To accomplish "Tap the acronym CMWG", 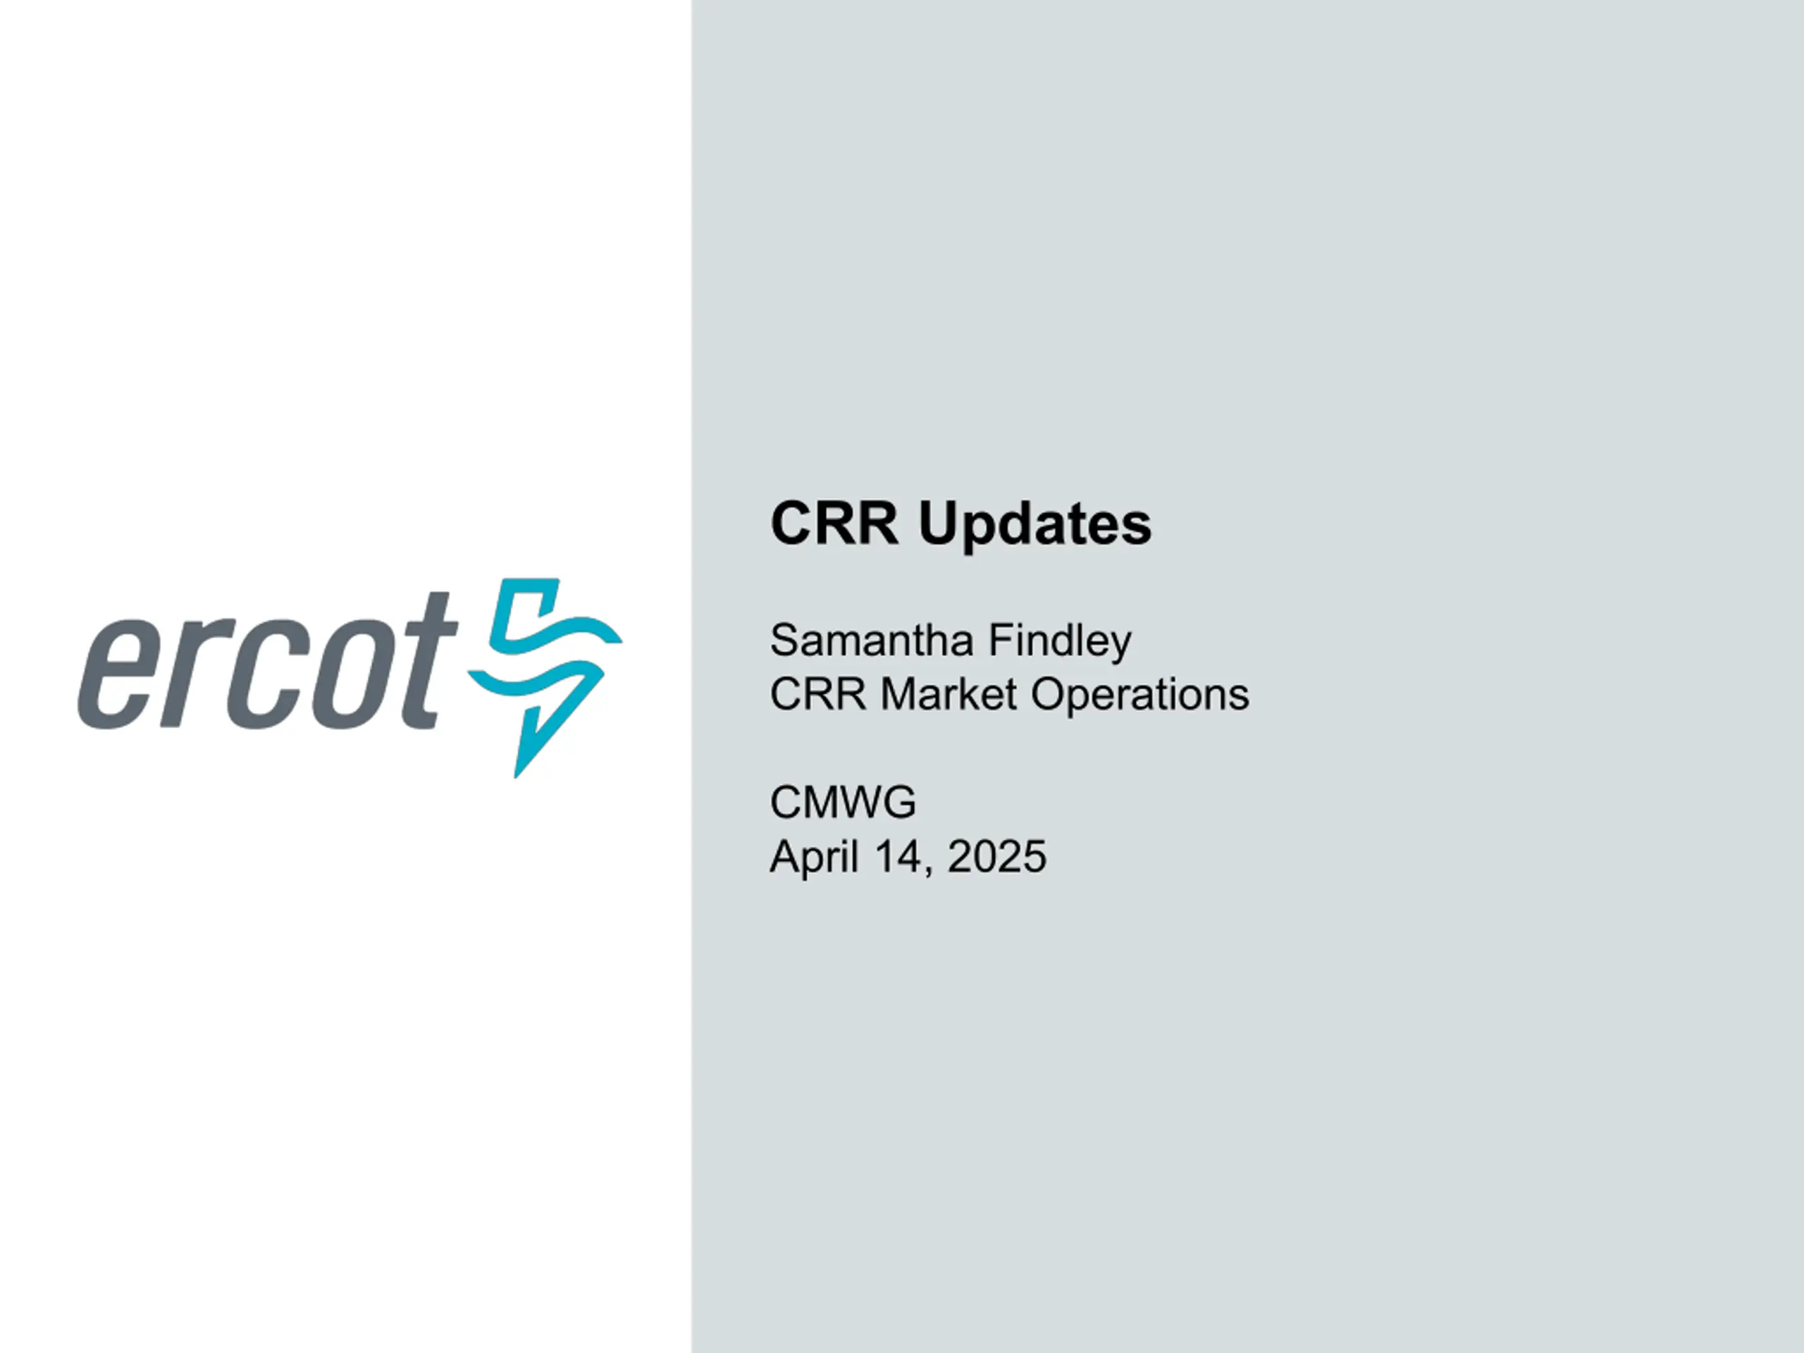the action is pyautogui.click(x=843, y=803).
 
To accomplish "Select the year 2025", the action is pyautogui.click(x=996, y=857).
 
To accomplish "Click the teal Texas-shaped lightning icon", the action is pyautogui.click(x=545, y=678).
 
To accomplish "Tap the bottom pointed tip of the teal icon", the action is pyautogui.click(x=515, y=777).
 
